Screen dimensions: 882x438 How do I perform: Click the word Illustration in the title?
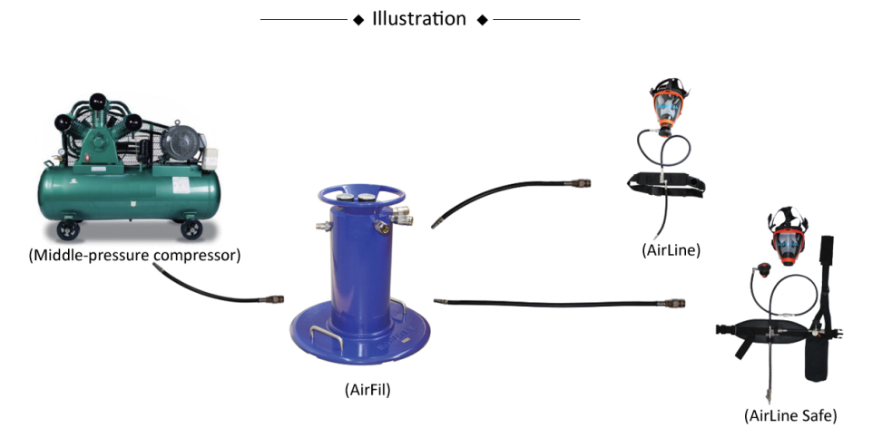419,19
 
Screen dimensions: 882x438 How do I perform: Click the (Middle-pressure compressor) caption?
134,255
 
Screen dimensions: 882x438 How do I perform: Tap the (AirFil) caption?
367,389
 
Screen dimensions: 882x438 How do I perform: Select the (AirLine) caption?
671,249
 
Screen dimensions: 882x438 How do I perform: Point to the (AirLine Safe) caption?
789,415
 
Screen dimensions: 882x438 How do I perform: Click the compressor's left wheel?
68,229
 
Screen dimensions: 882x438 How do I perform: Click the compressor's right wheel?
191,229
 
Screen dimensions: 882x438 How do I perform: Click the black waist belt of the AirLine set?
667,184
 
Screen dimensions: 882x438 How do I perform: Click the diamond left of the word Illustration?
358,20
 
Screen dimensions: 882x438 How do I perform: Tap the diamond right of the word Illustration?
482,20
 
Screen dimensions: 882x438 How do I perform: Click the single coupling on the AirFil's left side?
323,227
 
